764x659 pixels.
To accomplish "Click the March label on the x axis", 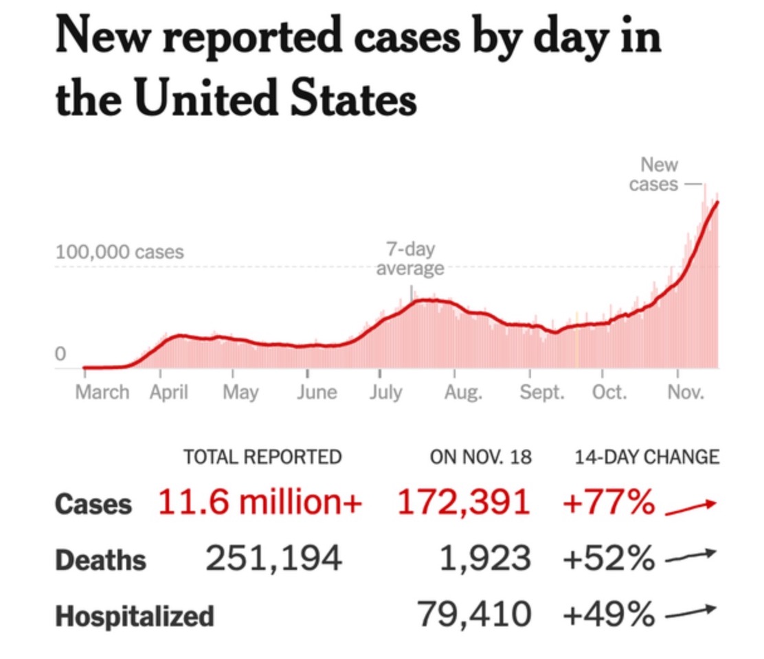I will (102, 393).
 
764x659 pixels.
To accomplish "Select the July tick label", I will (385, 393).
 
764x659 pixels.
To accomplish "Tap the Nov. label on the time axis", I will (686, 393).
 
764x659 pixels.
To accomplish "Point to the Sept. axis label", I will (543, 393).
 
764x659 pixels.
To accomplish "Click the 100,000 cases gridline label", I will (120, 252).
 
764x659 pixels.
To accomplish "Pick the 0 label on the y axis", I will (60, 354).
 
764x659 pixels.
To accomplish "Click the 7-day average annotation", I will (409, 259).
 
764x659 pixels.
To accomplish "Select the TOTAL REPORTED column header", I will (262, 457).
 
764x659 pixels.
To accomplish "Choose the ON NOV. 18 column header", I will (481, 457).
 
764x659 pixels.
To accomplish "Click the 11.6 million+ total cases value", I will (260, 504).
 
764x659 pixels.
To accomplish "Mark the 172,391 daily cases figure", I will (464, 504).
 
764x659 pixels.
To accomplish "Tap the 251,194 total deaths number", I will (273, 559).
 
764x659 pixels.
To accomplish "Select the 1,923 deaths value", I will (485, 559).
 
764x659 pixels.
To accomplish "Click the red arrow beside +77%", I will (690, 507).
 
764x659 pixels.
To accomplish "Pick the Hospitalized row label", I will (135, 616).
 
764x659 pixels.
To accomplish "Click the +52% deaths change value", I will (609, 559).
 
